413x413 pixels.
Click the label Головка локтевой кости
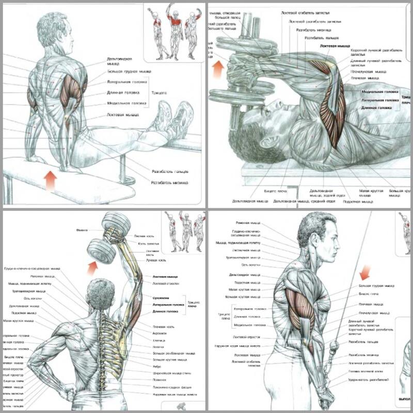coord(367,372)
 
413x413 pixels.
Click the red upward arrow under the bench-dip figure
coord(50,181)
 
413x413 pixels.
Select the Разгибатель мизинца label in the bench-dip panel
coord(169,182)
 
